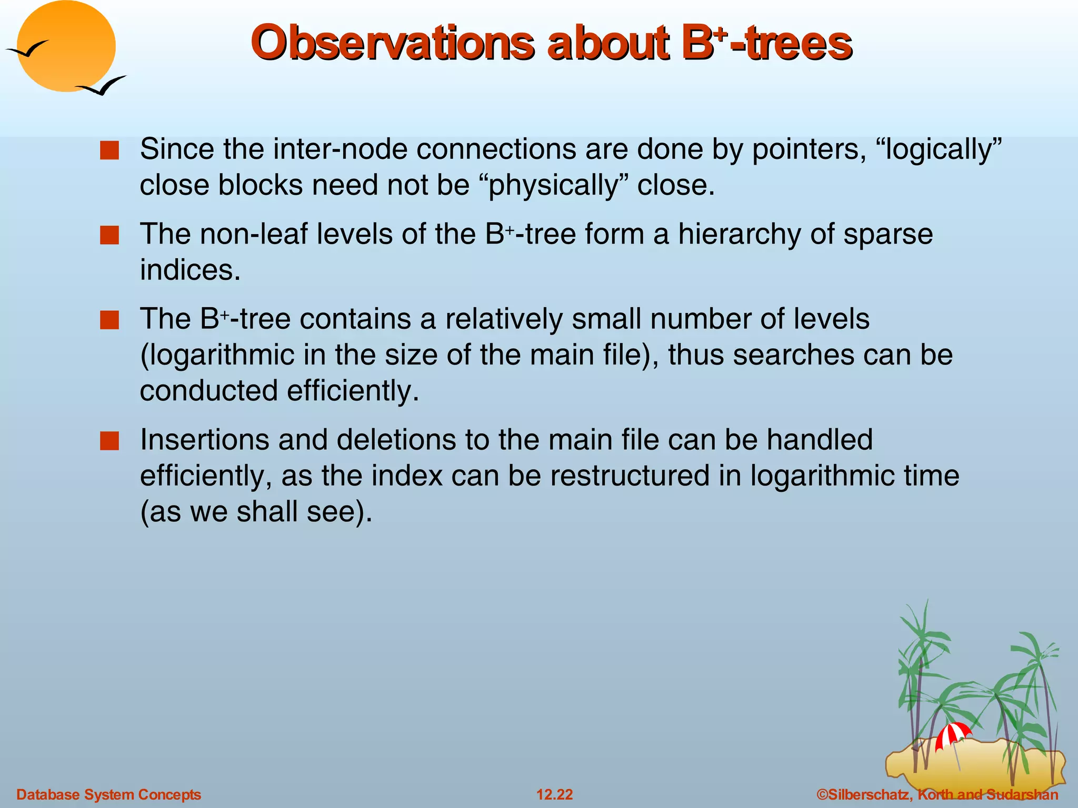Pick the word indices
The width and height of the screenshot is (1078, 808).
[x=190, y=270]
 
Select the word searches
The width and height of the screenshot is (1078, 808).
[x=793, y=355]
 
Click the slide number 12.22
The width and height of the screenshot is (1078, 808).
[x=554, y=794]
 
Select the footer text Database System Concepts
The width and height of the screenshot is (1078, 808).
[x=109, y=794]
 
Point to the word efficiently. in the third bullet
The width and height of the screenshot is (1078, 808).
[x=353, y=391]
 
